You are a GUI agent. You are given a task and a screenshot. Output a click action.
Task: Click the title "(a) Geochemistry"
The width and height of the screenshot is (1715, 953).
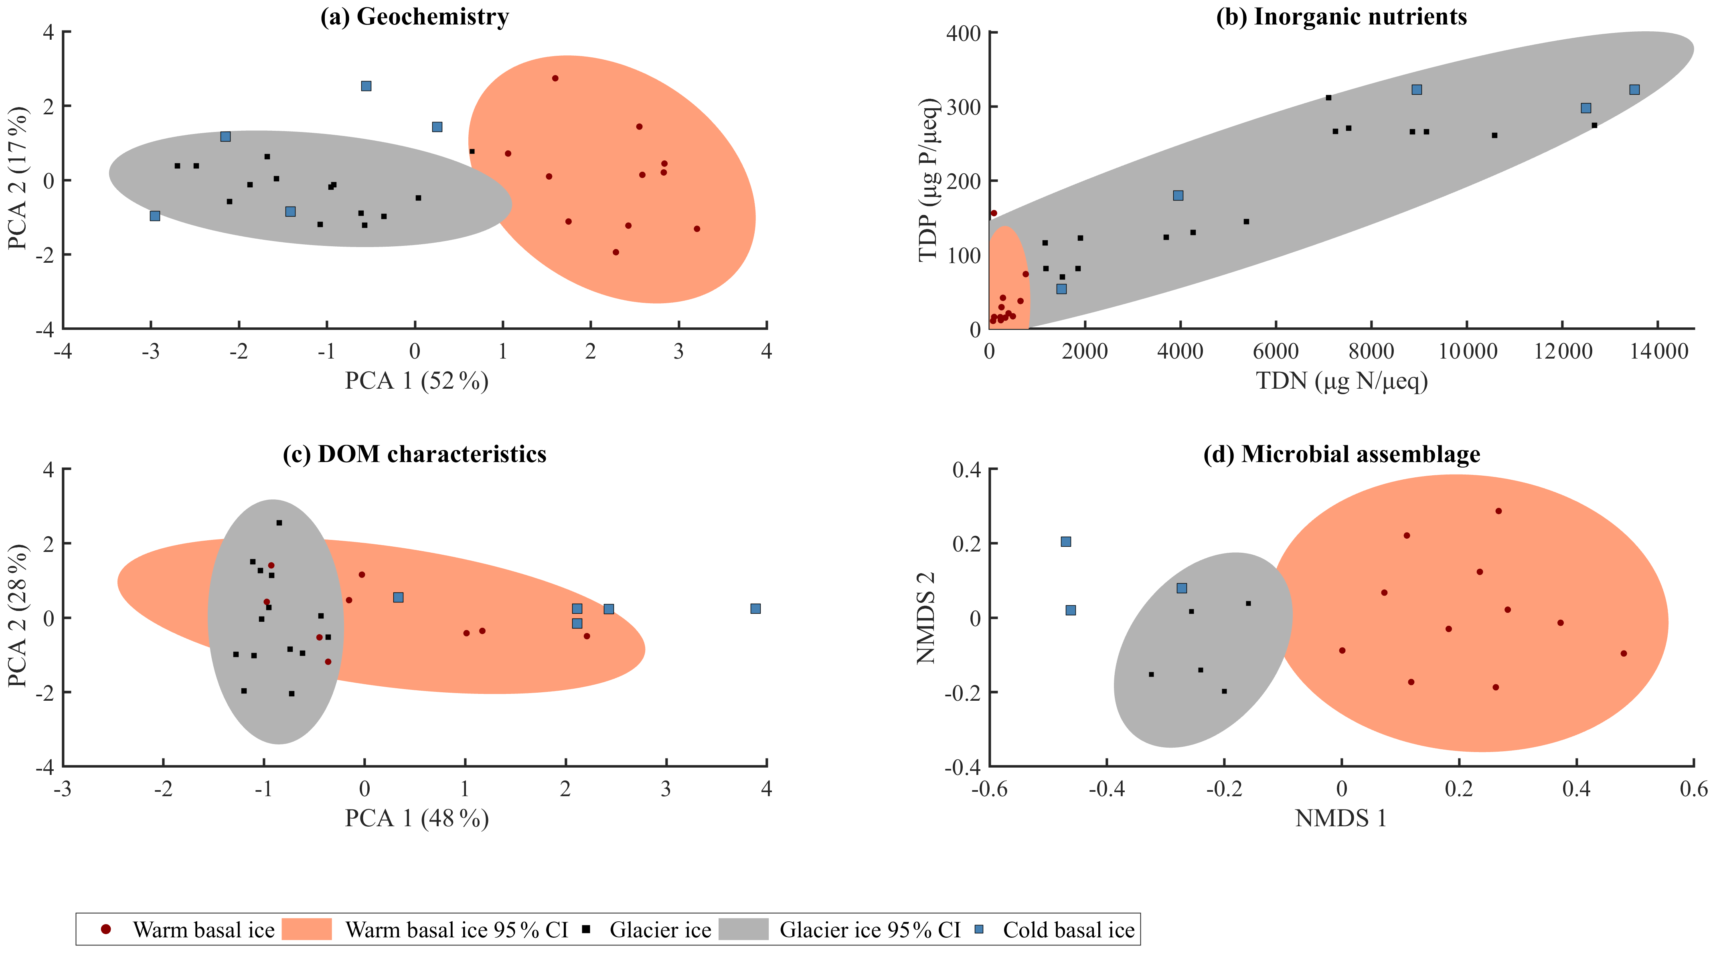414,17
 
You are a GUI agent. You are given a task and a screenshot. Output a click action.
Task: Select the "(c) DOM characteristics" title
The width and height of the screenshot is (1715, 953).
414,454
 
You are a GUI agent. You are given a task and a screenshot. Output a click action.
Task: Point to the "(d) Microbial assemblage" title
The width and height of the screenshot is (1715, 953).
1342,454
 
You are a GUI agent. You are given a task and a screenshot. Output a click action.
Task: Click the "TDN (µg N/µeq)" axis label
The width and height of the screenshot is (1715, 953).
1342,381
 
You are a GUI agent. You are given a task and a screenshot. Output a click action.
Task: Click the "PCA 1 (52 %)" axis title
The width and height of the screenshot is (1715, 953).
416,381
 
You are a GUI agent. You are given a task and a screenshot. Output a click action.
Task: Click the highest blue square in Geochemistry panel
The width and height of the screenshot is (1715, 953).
366,86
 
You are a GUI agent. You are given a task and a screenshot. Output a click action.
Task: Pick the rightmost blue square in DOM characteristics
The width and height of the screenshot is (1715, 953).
755,609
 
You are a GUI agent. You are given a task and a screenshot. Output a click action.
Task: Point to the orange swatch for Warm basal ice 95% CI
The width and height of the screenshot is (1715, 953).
307,929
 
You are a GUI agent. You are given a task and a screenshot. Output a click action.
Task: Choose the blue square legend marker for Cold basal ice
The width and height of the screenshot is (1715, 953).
979,929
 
